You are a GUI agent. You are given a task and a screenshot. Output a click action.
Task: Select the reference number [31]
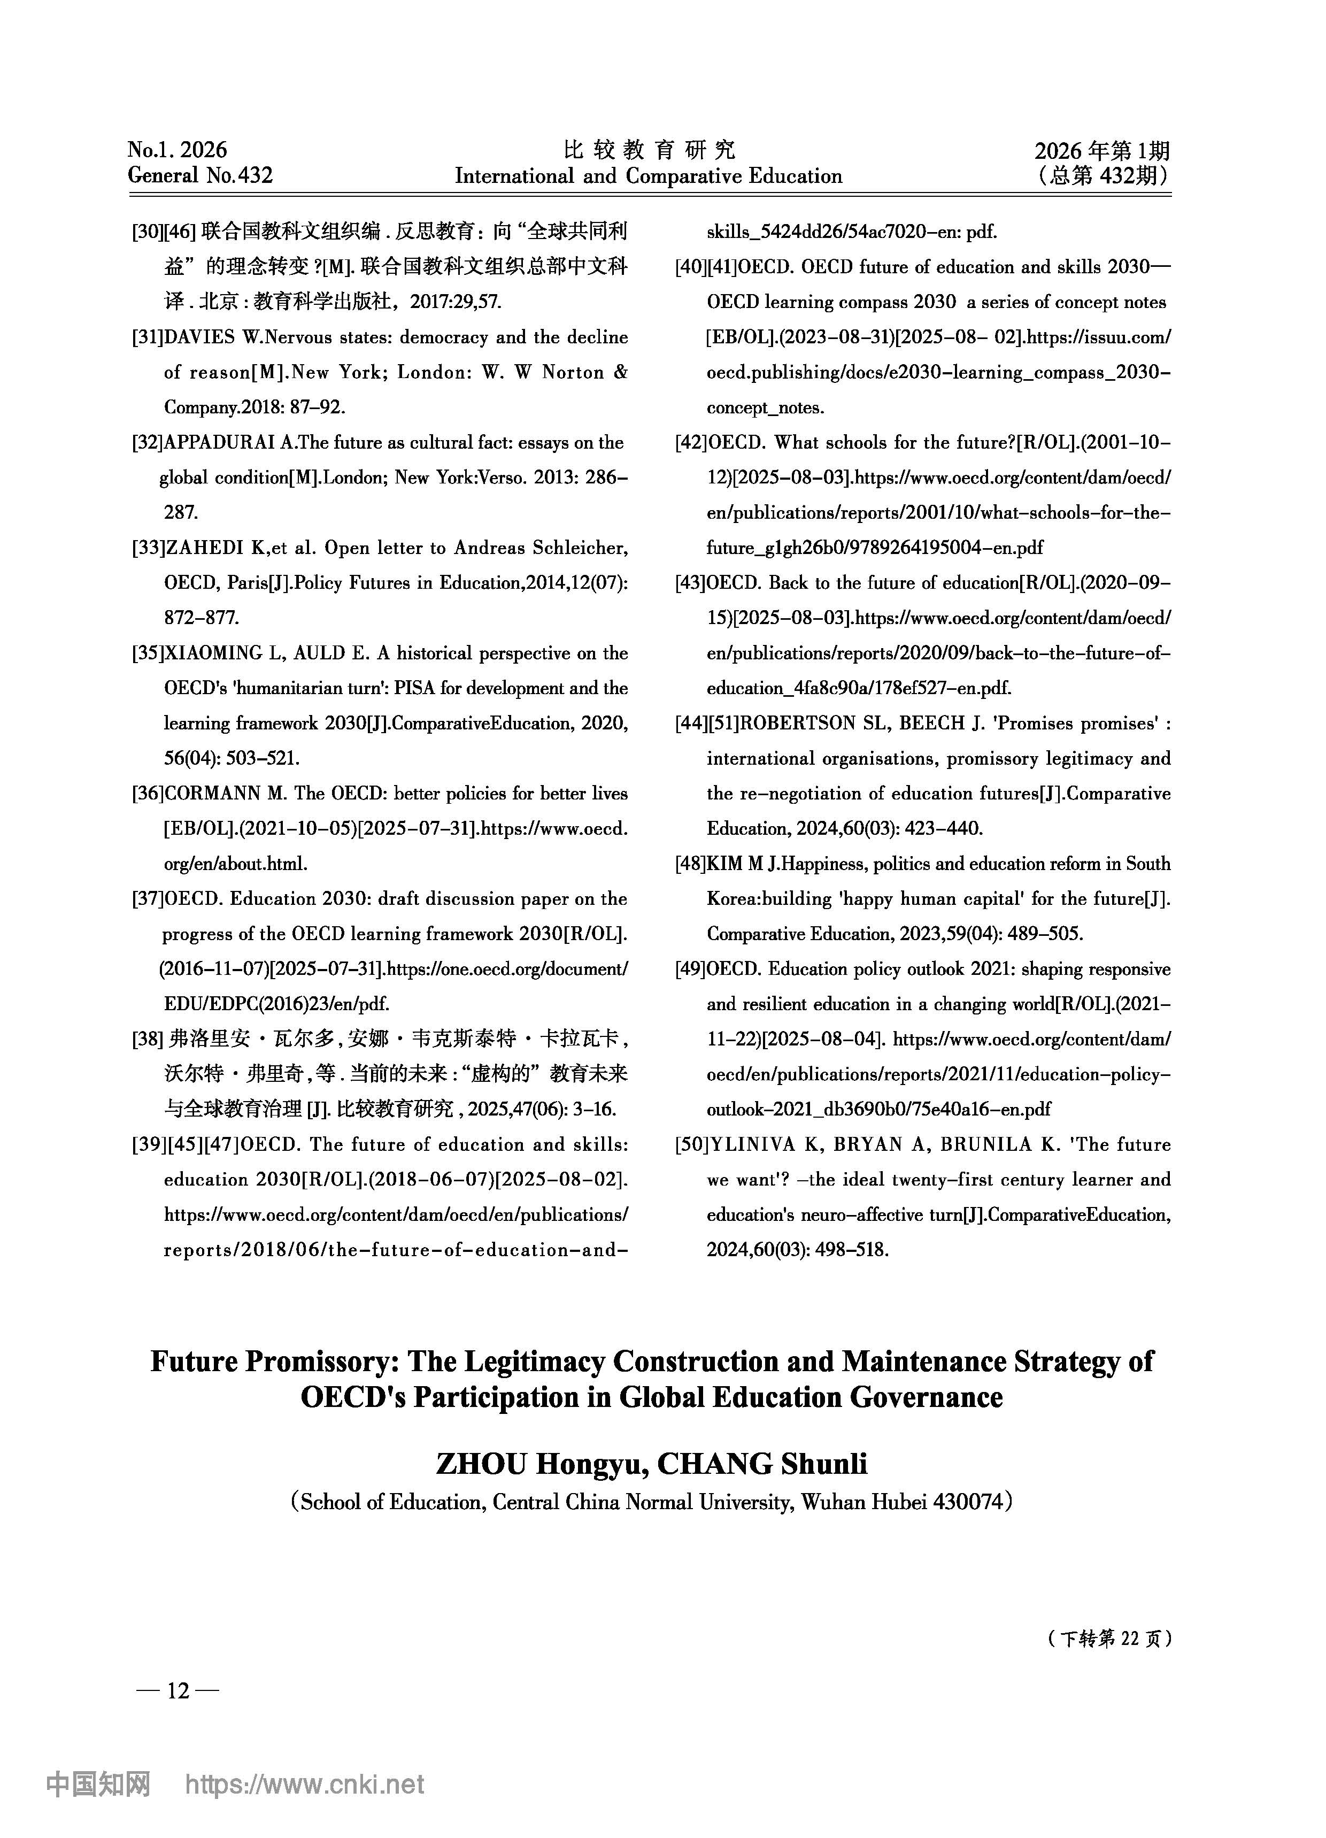pyautogui.click(x=148, y=337)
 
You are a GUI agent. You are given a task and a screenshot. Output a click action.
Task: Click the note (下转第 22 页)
pyautogui.click(x=1108, y=1639)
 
